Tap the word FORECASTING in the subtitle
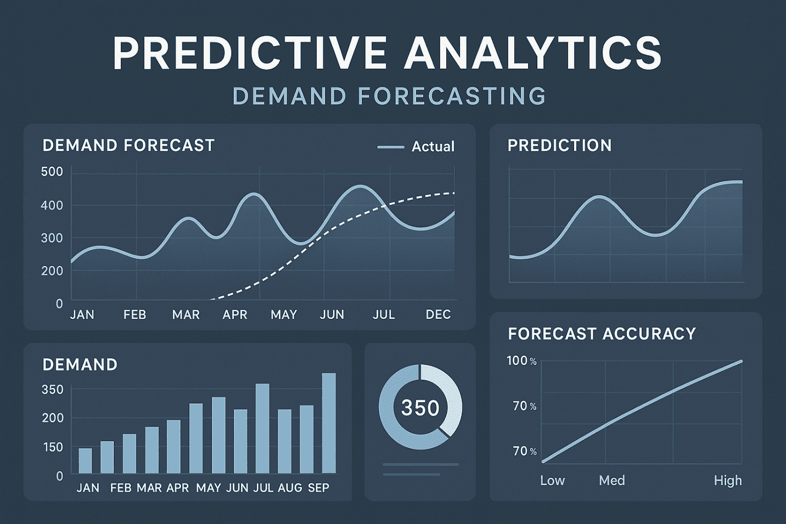452,95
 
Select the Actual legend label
433,147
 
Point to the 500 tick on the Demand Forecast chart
52,172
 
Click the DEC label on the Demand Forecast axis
438,314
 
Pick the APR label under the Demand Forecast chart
235,314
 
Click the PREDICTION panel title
560,145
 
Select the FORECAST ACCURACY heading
602,333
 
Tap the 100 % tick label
522,360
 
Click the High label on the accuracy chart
728,480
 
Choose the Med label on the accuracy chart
612,480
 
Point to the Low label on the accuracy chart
553,480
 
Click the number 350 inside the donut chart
420,408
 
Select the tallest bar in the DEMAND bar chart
329,424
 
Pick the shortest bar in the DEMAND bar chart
85,461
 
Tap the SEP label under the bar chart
318,488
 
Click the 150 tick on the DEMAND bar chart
53,447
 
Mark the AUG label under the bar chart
290,488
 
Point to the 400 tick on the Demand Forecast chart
52,205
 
